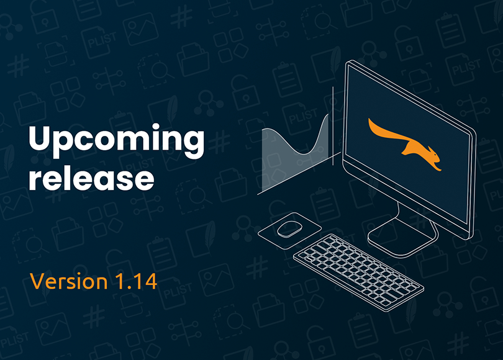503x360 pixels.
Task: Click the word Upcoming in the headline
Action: (x=117, y=141)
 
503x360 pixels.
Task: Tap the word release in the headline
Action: (x=91, y=178)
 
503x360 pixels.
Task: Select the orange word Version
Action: (x=69, y=281)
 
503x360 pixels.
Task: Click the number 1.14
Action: (x=136, y=281)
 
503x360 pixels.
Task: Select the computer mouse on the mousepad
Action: (x=289, y=229)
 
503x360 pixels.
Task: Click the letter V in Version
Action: (x=37, y=281)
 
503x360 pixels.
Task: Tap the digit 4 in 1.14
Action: (x=150, y=281)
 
